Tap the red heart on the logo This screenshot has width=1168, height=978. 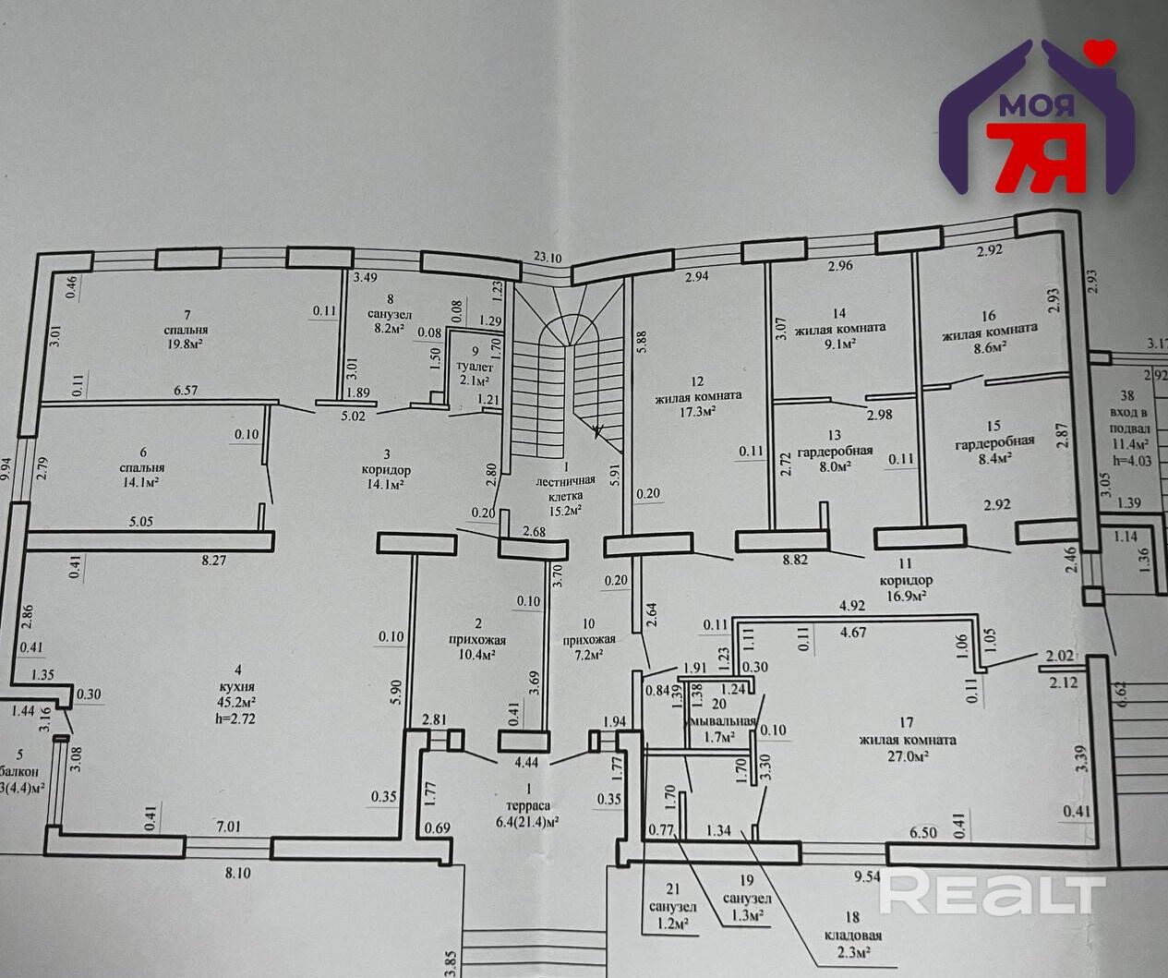1095,51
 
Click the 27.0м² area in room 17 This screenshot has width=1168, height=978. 907,755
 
